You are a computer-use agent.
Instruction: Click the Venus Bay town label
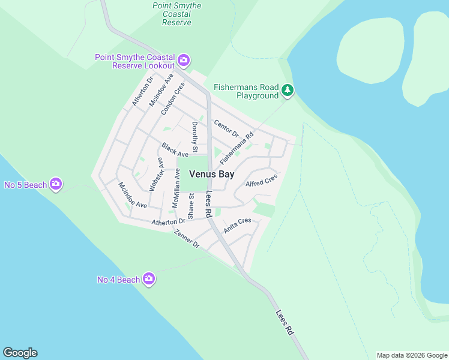pos(212,175)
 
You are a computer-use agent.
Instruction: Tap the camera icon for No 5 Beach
pos(56,184)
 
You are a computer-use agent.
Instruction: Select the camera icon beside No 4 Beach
pos(149,279)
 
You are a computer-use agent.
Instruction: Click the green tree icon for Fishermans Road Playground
pos(288,91)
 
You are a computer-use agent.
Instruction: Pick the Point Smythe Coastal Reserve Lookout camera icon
pos(184,61)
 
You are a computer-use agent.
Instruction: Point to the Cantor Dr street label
pos(226,128)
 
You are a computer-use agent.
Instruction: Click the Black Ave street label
pos(174,149)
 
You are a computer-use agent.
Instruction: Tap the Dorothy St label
pos(194,137)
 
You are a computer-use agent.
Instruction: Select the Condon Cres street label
pos(172,98)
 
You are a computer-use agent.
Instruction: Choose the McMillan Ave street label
pos(176,188)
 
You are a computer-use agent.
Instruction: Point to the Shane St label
pos(191,205)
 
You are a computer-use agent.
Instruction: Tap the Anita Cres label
pos(237,225)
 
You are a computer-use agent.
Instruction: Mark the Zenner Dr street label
pos(187,239)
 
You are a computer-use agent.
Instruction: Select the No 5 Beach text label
pos(26,185)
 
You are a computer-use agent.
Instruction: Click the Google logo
pos(20,353)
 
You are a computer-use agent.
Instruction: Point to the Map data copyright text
pos(412,355)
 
